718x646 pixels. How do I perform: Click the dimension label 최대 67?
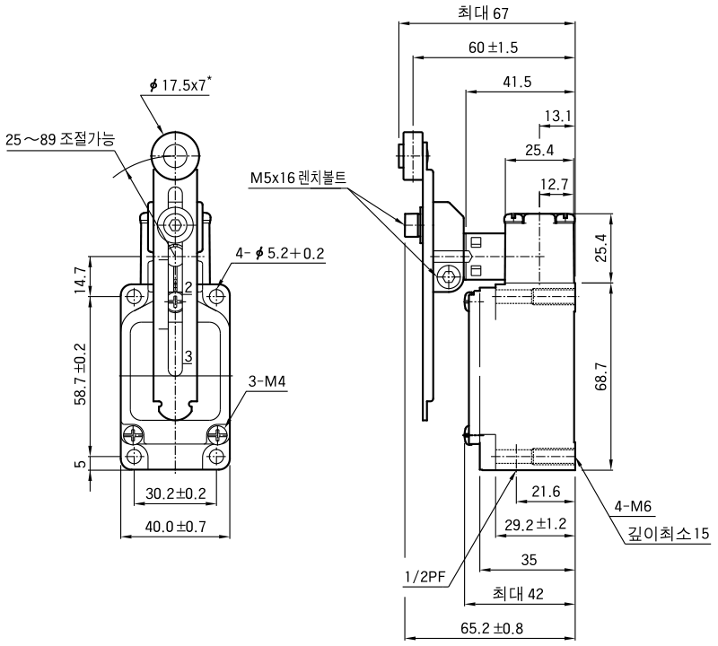tap(483, 13)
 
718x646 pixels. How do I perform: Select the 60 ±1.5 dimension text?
tap(493, 48)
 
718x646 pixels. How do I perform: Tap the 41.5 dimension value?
tap(517, 82)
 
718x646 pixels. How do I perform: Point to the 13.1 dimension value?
tap(557, 117)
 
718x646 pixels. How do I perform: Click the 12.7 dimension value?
tap(554, 184)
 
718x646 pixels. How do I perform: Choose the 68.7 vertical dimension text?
tap(600, 376)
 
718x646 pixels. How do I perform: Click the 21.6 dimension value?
tap(546, 492)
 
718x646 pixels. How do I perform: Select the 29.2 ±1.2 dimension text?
tap(535, 524)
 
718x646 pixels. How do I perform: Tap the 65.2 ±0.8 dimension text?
tap(492, 628)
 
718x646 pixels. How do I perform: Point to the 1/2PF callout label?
tap(425, 577)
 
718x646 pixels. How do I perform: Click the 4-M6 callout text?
tap(633, 506)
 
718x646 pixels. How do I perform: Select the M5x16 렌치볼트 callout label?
tap(298, 177)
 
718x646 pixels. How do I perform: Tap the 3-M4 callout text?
tap(267, 381)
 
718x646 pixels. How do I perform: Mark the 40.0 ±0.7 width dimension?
tap(175, 527)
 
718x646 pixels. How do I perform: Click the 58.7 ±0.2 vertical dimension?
tap(80, 374)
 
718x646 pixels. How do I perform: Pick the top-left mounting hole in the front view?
tap(134, 298)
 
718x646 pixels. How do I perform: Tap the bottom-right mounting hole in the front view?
tap(216, 456)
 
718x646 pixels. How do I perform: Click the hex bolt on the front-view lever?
tap(175, 225)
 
